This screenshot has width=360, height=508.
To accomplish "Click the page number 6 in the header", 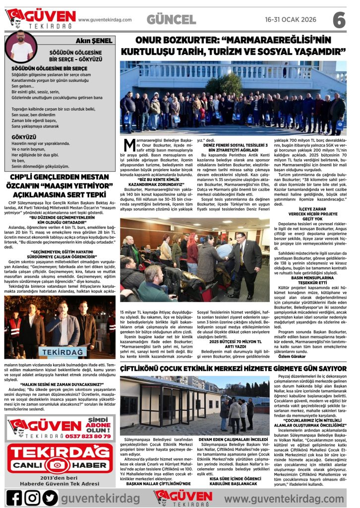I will [339, 20].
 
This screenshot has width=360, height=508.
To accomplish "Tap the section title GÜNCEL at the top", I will [171, 20].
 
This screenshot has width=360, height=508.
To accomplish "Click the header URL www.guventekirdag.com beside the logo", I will [105, 20].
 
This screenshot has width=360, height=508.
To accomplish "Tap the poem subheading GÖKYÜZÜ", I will [23, 136].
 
